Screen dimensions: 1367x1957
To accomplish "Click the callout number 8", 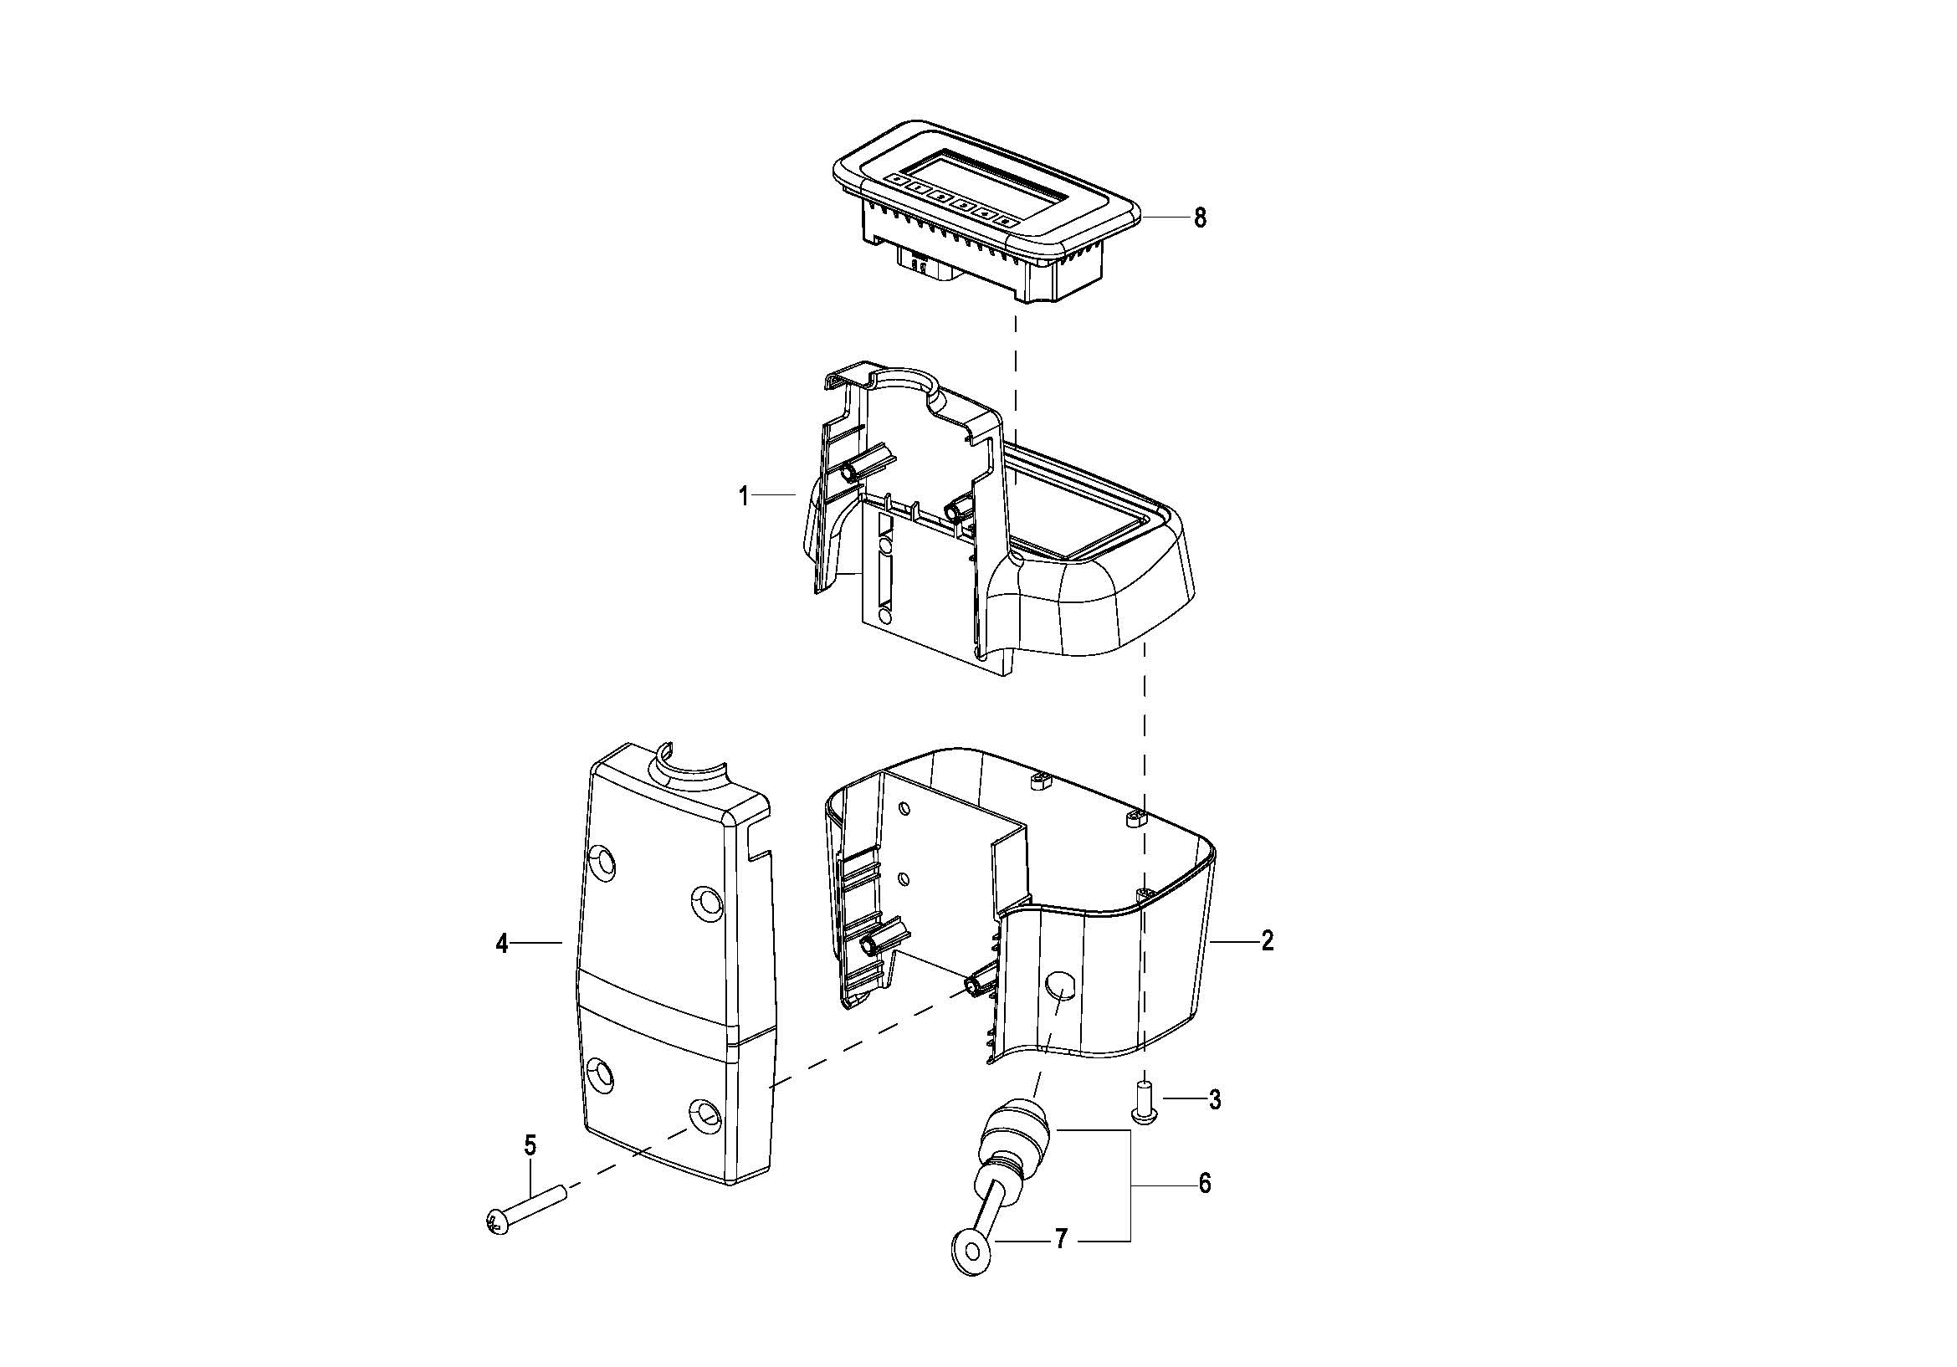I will pyautogui.click(x=1199, y=218).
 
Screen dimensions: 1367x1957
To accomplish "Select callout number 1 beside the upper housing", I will pyautogui.click(x=744, y=495).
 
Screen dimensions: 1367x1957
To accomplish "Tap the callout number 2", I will pyautogui.click(x=1268, y=941).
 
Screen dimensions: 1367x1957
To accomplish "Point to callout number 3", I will pyautogui.click(x=1215, y=1099).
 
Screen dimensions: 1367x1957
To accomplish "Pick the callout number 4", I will pyautogui.click(x=502, y=944).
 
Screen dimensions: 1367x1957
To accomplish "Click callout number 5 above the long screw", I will pyautogui.click(x=530, y=1145).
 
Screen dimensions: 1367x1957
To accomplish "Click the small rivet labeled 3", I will pyautogui.click(x=1144, y=1102).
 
